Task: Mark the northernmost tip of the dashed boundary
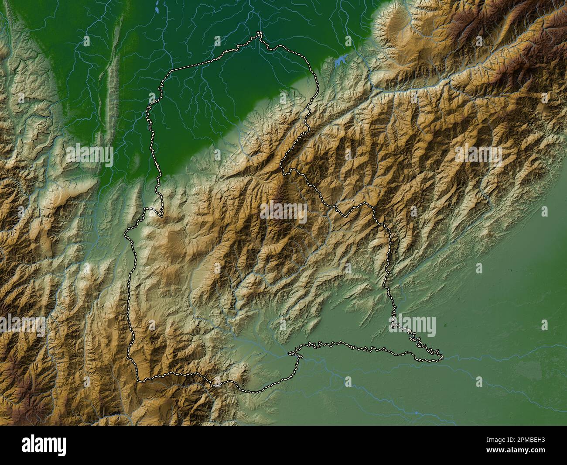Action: coord(259,34)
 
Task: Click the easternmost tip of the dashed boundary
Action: coord(441,358)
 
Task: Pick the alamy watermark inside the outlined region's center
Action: coord(283,212)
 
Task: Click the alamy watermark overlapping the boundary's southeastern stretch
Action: coord(412,326)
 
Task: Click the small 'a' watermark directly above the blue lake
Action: coord(348,41)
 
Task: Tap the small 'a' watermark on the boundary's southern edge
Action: coord(217,381)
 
